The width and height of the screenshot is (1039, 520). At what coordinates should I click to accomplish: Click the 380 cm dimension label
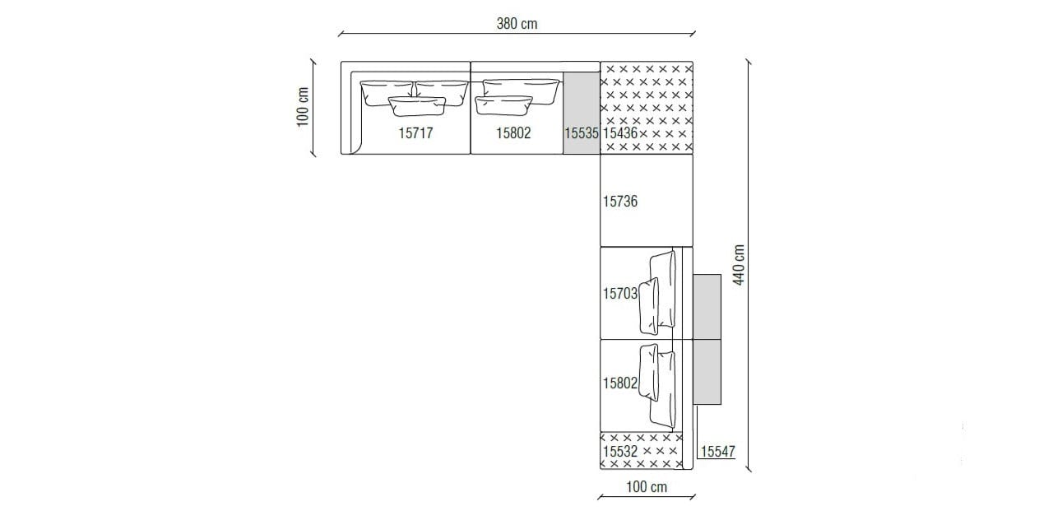pos(517,24)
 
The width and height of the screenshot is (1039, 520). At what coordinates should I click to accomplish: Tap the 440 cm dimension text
pos(739,265)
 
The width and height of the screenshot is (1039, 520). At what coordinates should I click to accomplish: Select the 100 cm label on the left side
pos(302,107)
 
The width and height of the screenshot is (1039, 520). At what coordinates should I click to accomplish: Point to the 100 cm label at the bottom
pos(646,487)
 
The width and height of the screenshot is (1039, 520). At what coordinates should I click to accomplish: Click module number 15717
pos(415,132)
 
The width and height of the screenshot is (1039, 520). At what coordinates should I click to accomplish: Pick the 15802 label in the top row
pos(513,132)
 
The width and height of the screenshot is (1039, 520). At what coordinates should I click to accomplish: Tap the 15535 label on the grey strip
pos(581,132)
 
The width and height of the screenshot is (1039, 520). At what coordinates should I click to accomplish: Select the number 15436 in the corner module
pos(620,132)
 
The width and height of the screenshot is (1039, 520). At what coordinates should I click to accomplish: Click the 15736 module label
pos(620,201)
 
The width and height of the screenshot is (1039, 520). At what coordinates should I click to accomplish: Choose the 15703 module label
pos(619,293)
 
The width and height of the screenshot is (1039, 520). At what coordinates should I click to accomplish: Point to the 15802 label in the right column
pos(619,383)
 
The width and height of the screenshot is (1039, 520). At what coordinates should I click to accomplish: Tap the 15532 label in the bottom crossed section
pos(620,452)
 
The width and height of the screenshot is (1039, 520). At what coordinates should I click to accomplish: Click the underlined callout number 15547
pos(718,452)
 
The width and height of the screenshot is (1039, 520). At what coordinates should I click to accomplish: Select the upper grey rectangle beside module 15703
pos(707,306)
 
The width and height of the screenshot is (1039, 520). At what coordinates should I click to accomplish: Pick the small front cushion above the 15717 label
pos(416,105)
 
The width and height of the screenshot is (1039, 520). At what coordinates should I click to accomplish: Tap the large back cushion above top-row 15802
pos(520,86)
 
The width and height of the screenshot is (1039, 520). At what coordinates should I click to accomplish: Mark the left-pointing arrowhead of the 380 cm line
pos(341,34)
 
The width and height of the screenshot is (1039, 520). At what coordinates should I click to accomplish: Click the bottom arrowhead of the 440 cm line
pos(749,468)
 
